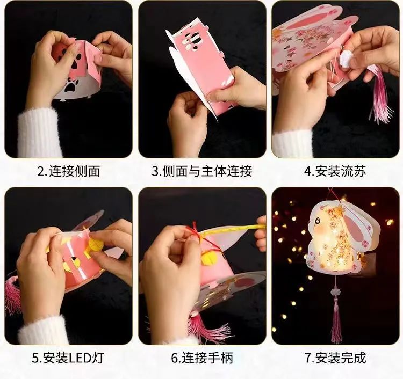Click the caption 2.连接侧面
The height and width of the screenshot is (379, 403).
[x=69, y=171]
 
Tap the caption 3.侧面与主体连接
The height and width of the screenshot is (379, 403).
[x=201, y=171]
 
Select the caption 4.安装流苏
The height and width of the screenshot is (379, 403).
[x=335, y=171]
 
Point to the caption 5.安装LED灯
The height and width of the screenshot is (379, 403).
[x=68, y=358]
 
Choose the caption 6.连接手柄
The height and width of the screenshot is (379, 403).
[x=202, y=358]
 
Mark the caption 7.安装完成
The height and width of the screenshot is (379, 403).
[x=335, y=358]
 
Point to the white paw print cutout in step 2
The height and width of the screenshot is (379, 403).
[x=70, y=86]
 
